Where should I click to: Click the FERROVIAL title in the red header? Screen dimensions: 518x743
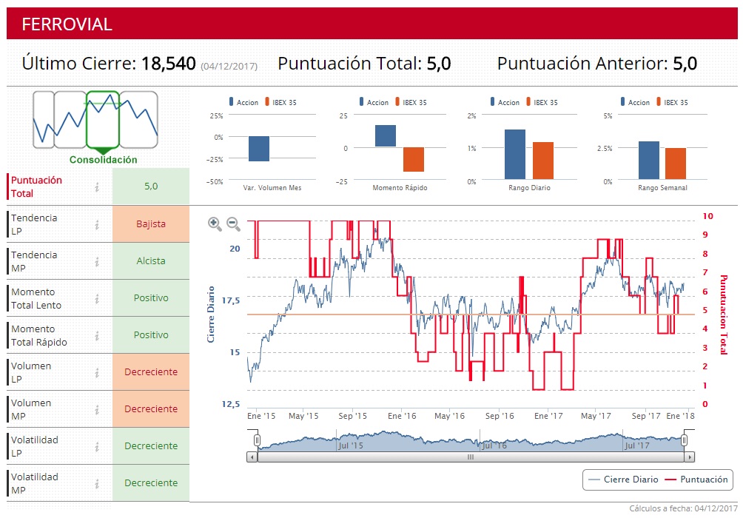click(67, 24)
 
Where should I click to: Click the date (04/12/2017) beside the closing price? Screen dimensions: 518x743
click(229, 67)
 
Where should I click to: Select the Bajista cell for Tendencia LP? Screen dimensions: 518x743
click(151, 223)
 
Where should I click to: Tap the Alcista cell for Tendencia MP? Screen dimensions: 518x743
click(151, 260)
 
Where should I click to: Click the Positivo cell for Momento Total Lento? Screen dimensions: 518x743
click(151, 297)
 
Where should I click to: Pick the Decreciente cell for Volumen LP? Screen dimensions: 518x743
click(151, 371)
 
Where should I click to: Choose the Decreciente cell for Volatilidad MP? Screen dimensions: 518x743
click(151, 482)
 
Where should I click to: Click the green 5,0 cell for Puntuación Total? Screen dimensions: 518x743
click(151, 186)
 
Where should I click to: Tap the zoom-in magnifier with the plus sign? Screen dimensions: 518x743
click(215, 223)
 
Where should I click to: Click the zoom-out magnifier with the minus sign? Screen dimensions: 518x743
click(233, 223)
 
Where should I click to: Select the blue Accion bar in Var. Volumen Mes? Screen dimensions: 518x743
click(259, 149)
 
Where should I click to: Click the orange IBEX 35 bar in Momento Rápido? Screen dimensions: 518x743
click(414, 159)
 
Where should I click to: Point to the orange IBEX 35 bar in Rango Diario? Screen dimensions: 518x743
click(543, 161)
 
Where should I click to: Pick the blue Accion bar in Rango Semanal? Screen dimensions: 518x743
click(648, 161)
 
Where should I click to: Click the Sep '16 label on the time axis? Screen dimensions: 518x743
click(499, 416)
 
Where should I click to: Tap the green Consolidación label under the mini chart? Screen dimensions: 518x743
click(103, 160)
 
